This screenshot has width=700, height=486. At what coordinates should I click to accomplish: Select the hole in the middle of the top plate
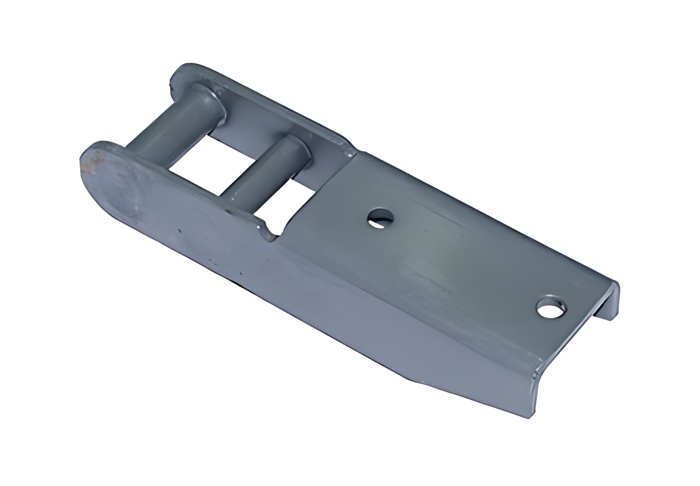[x=380, y=218]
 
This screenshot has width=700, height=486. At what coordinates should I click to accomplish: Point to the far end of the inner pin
[x=297, y=147]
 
